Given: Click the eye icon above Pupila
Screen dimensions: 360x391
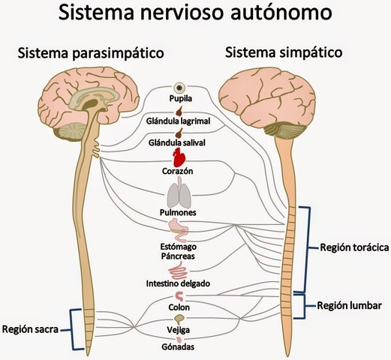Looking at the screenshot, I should (179, 87).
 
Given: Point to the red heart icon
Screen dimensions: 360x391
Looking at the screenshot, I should (179, 157).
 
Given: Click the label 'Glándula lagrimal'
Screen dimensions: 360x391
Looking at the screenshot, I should (179, 120).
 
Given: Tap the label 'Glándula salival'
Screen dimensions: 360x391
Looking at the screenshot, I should (179, 142).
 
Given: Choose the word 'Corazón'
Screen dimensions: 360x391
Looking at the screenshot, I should (178, 171).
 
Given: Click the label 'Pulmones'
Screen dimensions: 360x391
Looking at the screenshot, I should (179, 212).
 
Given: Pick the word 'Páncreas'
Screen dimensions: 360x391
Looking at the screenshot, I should (179, 256).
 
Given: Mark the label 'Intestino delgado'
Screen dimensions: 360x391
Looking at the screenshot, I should (179, 284).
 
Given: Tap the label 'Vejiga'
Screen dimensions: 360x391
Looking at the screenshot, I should (179, 330).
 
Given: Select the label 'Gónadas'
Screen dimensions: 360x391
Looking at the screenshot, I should (179, 349).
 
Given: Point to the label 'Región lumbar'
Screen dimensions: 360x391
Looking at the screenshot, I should (349, 305).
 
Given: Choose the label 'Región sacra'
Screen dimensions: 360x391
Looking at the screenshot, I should (32, 328).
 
